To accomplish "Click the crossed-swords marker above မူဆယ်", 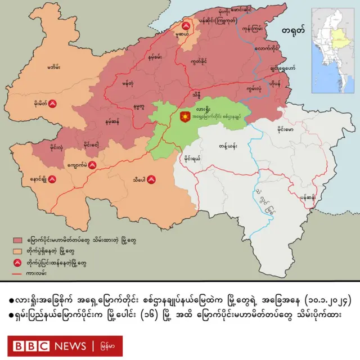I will coord(185,25).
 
